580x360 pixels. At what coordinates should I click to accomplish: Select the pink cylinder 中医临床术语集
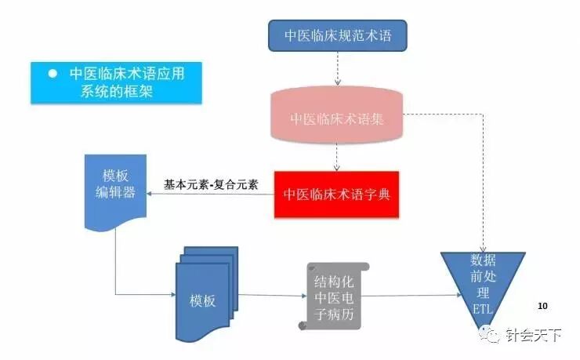[337, 119]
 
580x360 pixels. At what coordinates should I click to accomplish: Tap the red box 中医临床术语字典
[336, 194]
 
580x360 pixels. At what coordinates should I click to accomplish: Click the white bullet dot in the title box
[53, 74]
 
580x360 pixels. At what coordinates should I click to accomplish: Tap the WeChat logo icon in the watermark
[494, 336]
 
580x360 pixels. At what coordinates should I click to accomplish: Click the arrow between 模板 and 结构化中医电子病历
[270, 296]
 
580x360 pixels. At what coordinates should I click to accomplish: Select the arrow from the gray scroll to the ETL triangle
[411, 296]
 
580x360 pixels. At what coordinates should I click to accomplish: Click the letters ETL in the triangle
[481, 310]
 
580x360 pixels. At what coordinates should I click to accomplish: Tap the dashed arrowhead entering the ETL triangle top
[482, 247]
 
